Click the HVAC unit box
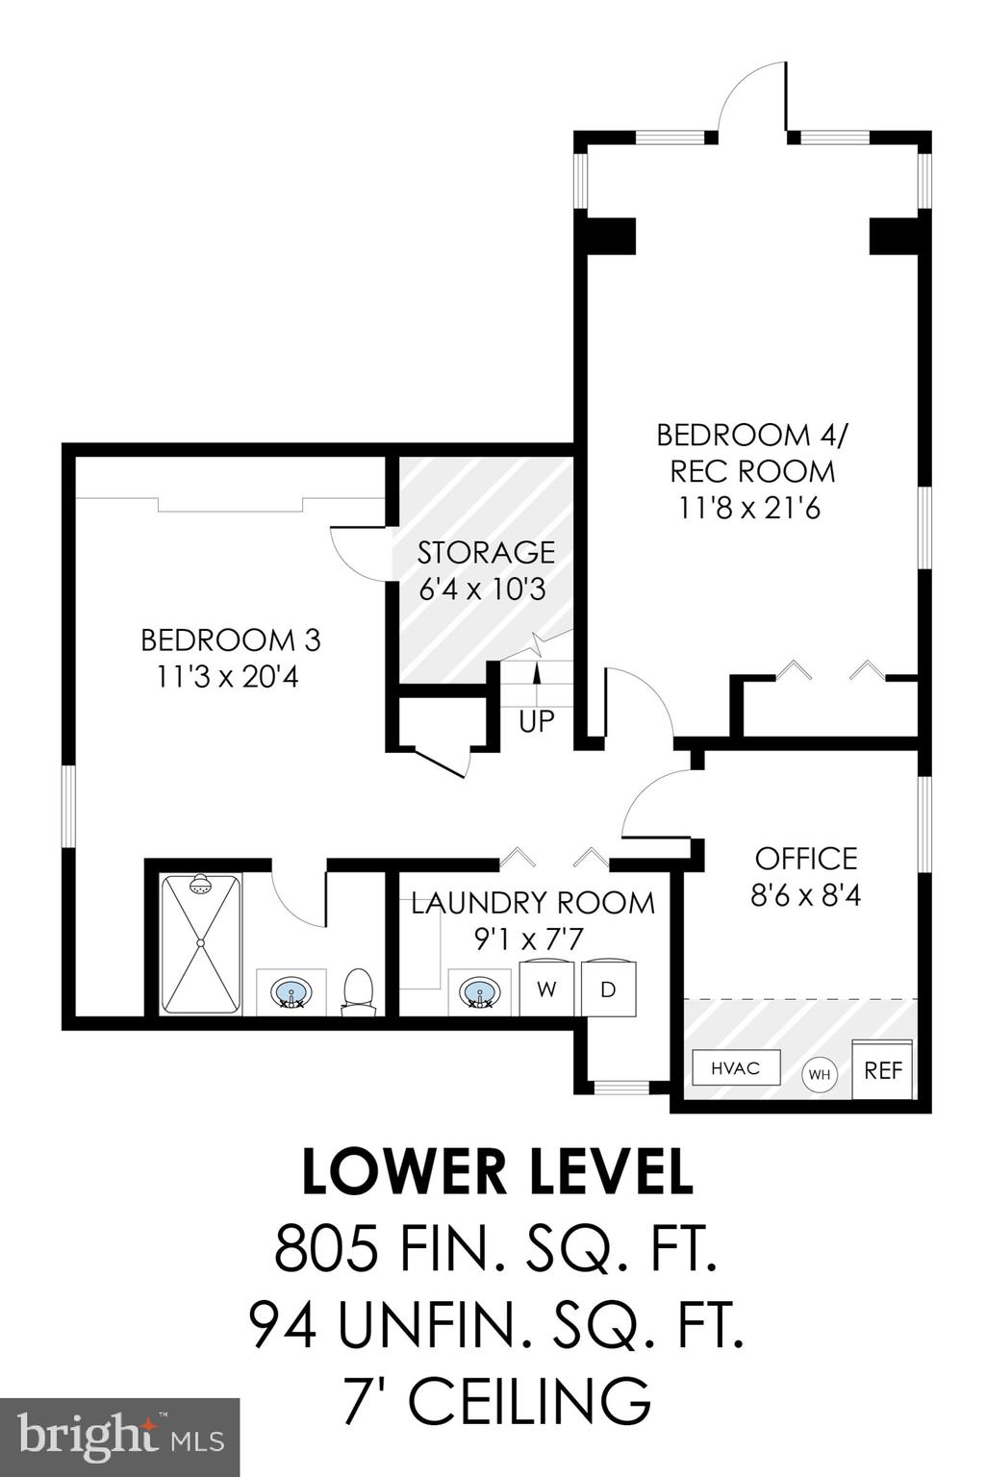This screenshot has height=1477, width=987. (x=735, y=1068)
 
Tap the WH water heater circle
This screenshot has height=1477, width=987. (x=820, y=1074)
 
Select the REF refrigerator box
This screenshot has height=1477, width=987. (x=882, y=1069)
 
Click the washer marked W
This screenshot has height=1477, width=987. (x=547, y=989)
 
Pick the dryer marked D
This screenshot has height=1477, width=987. (x=608, y=989)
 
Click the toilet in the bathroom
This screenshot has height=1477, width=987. (x=357, y=992)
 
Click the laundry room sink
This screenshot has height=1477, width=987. (x=479, y=992)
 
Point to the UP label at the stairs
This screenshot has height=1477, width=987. (x=536, y=721)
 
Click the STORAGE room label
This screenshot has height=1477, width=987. (x=486, y=553)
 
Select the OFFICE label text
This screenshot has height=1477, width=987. (x=805, y=858)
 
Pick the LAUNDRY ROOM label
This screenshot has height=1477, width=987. (x=533, y=903)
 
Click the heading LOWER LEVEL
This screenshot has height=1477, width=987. (x=497, y=1172)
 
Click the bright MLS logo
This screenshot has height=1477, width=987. (x=119, y=1438)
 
